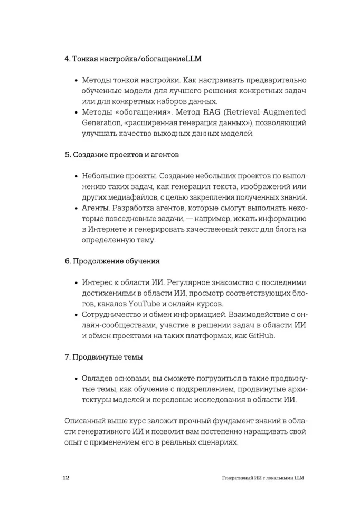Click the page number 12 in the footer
click(x=66, y=478)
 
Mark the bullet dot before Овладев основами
click(x=77, y=379)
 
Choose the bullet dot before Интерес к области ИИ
click(x=77, y=283)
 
